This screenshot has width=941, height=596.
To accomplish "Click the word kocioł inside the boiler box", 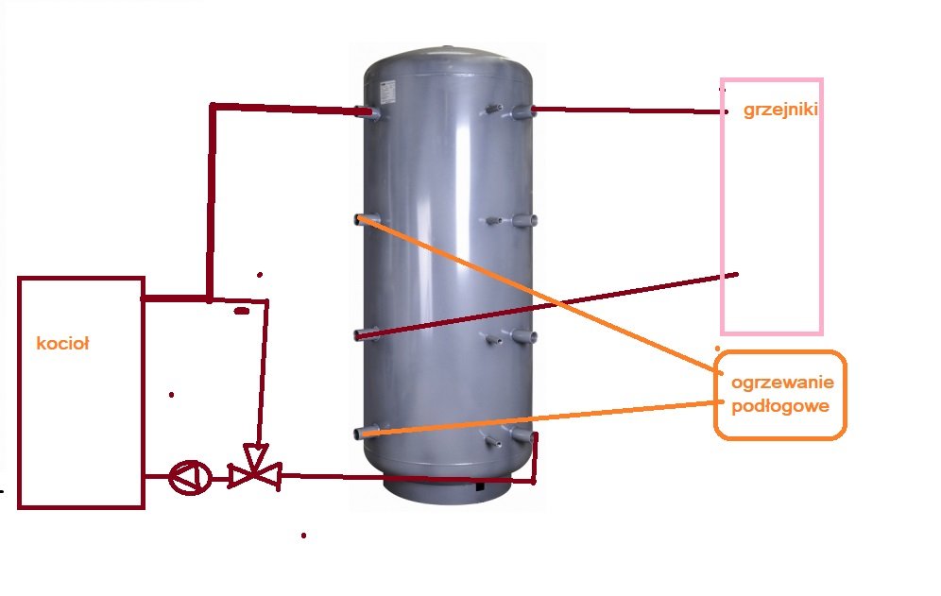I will tap(62, 344).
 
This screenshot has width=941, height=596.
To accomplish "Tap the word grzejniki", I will tap(779, 110).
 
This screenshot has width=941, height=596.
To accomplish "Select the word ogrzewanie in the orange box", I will tap(779, 383).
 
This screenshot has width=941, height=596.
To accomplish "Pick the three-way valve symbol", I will tap(253, 468).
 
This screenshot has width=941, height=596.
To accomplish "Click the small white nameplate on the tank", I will tap(387, 89).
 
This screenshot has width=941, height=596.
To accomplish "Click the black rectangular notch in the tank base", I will tap(483, 487).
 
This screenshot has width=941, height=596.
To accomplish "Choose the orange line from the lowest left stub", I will tap(539, 417).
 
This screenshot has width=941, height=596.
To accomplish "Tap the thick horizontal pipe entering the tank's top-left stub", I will tap(283, 108).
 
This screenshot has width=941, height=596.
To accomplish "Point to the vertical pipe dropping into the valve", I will tap(264, 378).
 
